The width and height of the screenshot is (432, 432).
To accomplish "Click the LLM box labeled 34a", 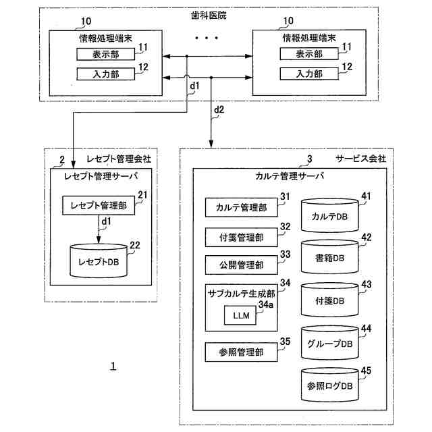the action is (x=240, y=315).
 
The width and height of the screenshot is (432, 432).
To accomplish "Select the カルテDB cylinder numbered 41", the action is (x=330, y=216).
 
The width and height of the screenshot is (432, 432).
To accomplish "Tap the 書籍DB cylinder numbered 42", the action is (x=330, y=257).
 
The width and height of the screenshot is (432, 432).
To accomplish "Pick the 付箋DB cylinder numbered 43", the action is (x=330, y=300).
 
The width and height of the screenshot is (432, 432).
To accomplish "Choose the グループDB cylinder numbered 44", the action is (x=330, y=343).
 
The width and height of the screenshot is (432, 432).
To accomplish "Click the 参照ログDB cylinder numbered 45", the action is (x=330, y=385).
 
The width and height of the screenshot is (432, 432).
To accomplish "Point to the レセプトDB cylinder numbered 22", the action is (x=99, y=261).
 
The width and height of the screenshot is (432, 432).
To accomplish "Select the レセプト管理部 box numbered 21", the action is (x=99, y=205).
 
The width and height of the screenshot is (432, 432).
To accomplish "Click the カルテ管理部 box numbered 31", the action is (x=242, y=207).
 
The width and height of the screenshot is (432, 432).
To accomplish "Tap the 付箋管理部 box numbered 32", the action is (x=242, y=237).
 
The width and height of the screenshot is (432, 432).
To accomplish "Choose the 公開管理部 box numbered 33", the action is (x=242, y=265).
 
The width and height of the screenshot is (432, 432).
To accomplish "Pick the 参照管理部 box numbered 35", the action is (x=242, y=352).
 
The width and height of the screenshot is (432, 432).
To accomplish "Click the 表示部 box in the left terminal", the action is (x=106, y=54).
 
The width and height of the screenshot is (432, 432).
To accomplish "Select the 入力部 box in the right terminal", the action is (x=309, y=74).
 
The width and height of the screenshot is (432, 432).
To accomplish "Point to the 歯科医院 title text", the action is (x=209, y=16).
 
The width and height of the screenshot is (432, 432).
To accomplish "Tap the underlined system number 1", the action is (x=113, y=366).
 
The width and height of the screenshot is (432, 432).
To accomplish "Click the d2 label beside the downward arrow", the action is (x=219, y=110).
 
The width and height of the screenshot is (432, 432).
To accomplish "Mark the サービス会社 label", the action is (x=360, y=159).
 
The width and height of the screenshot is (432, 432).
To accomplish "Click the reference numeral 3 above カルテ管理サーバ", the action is (x=310, y=159).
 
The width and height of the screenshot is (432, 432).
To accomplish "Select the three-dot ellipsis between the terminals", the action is (x=207, y=38).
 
